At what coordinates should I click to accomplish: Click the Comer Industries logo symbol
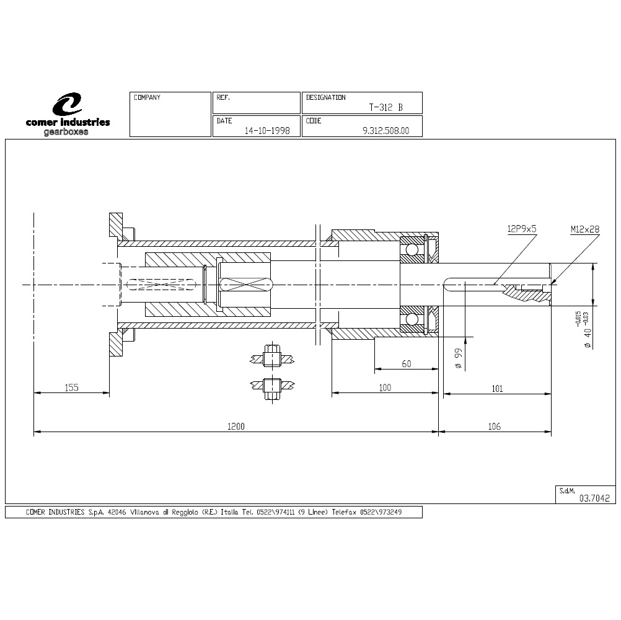(x=68, y=104)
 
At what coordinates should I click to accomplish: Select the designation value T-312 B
(x=385, y=107)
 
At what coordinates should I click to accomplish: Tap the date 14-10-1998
(x=267, y=131)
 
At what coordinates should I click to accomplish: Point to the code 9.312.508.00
(x=385, y=131)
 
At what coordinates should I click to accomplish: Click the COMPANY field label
(x=147, y=97)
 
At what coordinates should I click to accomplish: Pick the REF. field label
(x=223, y=97)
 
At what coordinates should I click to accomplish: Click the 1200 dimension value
(x=236, y=427)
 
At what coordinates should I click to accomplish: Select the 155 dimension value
(x=72, y=387)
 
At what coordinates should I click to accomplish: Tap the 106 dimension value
(x=495, y=427)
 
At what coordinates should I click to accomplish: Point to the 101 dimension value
(x=497, y=389)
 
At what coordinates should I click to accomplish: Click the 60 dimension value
(x=407, y=364)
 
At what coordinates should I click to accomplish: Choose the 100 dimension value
(x=385, y=387)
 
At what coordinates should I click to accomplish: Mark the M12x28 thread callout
(x=585, y=229)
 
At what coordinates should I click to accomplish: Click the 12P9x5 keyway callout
(x=522, y=229)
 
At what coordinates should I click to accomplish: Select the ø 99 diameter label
(x=459, y=358)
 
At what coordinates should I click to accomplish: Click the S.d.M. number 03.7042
(x=594, y=498)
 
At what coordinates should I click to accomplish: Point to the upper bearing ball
(x=412, y=250)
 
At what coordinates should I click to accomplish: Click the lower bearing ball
(x=412, y=319)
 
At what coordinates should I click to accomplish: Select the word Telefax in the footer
(x=344, y=512)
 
